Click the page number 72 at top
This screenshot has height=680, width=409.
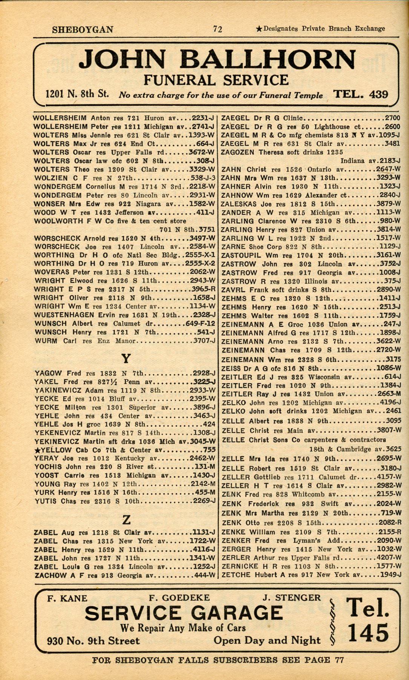[x=217, y=29]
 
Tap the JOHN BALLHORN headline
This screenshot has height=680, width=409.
[x=219, y=60]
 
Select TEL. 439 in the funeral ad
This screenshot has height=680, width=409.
[x=360, y=94]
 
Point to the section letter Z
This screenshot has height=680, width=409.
[x=126, y=520]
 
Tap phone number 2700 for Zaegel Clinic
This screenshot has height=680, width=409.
[x=392, y=118]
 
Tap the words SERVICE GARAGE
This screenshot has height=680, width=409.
[x=184, y=613]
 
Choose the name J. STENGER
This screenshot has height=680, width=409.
[x=291, y=598]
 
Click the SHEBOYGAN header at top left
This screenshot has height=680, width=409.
[x=83, y=29]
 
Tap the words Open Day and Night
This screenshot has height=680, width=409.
[x=267, y=640]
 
